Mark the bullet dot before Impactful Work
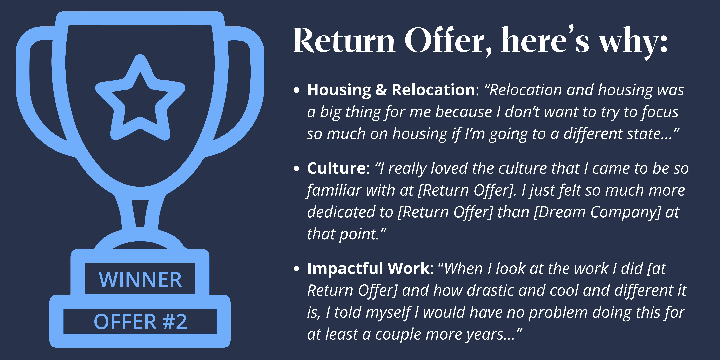coord(297,269)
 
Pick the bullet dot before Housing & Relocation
coord(297,90)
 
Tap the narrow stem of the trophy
coord(140,214)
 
